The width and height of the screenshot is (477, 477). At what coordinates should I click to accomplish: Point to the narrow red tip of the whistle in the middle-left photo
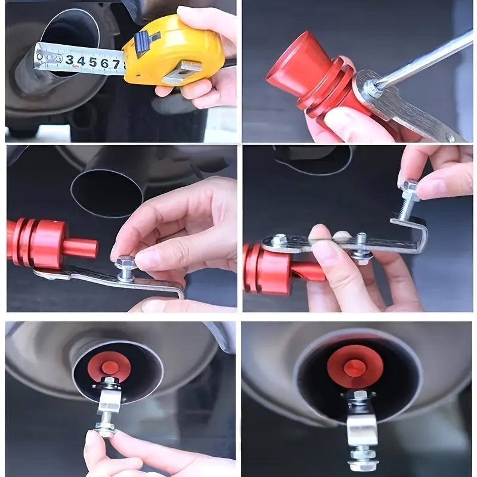point(80,248)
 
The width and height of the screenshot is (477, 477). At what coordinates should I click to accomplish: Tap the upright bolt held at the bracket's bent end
point(410,200)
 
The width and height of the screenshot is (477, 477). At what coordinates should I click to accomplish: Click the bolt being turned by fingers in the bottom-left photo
point(107,426)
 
